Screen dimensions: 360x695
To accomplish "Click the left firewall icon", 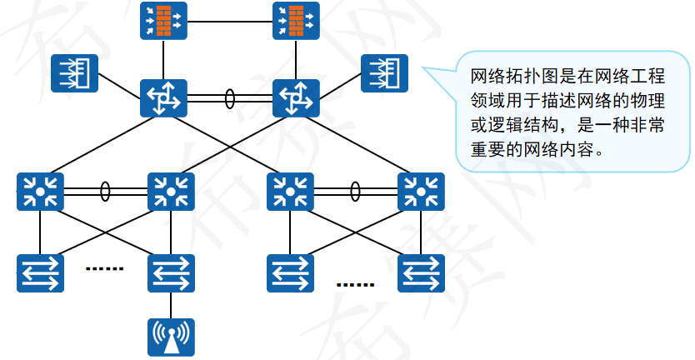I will tap(163, 21).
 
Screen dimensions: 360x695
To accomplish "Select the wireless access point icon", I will tap(171, 337).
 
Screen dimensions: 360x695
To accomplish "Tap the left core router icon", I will tap(163, 98).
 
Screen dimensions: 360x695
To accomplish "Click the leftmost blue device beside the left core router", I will tap(74, 73).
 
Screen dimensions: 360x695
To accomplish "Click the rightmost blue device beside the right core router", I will tap(384, 73).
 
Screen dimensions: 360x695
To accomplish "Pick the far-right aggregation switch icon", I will tap(421, 192).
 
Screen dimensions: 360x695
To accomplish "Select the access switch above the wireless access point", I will tap(171, 273).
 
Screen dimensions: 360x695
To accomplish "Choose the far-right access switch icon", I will tap(421, 273).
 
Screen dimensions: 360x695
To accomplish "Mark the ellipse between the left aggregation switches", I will tap(105, 192).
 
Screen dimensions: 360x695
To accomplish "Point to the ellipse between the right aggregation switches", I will tap(356, 192).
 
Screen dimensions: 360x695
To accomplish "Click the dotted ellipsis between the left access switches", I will tap(105, 269).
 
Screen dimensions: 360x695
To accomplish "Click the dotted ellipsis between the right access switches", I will tap(356, 284).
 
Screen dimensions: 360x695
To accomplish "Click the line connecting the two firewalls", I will tap(230, 17).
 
